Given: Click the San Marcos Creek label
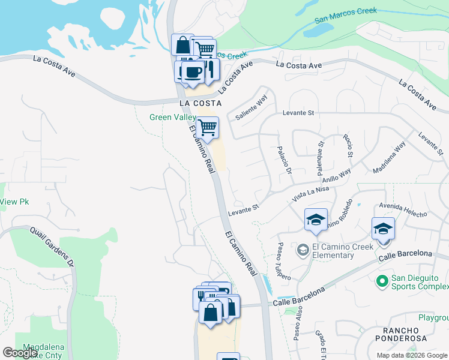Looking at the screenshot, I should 346,16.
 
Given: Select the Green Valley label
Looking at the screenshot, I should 173,117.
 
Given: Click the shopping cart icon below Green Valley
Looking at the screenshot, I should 207,128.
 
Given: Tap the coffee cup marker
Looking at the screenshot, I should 192,72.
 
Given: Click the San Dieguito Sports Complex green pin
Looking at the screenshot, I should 381,281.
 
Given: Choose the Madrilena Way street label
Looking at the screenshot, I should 389,157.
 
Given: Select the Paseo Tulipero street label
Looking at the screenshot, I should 284,261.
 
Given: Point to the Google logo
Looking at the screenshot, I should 20,353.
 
